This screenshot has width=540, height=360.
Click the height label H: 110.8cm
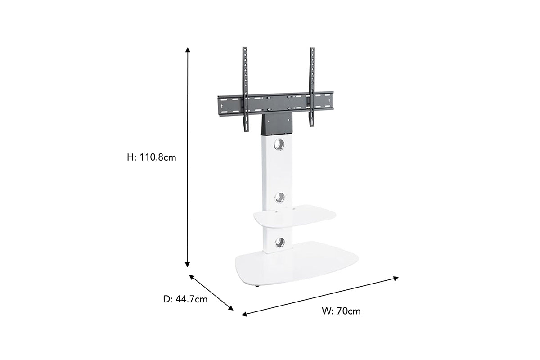151,157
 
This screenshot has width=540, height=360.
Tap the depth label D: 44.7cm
185,299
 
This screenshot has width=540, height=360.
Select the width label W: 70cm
341,311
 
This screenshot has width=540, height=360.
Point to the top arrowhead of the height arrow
188,49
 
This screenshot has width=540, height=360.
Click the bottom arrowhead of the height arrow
187,265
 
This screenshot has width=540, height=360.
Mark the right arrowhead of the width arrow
396,279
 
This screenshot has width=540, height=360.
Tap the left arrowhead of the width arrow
244,314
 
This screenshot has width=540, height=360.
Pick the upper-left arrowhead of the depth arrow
192,277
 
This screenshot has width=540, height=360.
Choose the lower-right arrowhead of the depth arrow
231,308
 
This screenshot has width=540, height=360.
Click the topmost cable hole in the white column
279,144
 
